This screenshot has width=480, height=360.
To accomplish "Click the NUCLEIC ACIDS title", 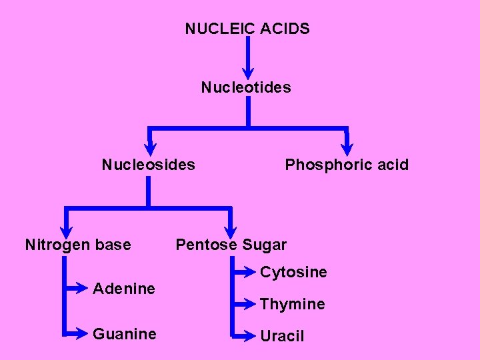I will coord(247,29).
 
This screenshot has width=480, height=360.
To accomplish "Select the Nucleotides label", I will coord(246,87).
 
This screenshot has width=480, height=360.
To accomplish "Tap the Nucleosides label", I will coord(148,165).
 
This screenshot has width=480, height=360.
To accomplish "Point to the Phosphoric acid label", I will coord(347,165).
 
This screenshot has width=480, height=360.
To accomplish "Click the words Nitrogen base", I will coord(78,245).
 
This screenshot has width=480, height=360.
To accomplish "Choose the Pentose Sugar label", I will coord(231,245).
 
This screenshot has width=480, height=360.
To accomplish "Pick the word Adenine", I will coord(124,289).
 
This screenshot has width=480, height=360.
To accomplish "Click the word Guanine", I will coord(125,333).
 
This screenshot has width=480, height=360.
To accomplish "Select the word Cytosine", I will coord(293,272).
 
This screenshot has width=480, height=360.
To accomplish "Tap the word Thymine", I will coord(293,304).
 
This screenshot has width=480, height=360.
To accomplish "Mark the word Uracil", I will coord(282,336).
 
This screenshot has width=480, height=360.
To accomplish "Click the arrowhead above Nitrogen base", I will coord(65,229).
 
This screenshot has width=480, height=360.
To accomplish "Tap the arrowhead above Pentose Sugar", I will coord(231,229).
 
